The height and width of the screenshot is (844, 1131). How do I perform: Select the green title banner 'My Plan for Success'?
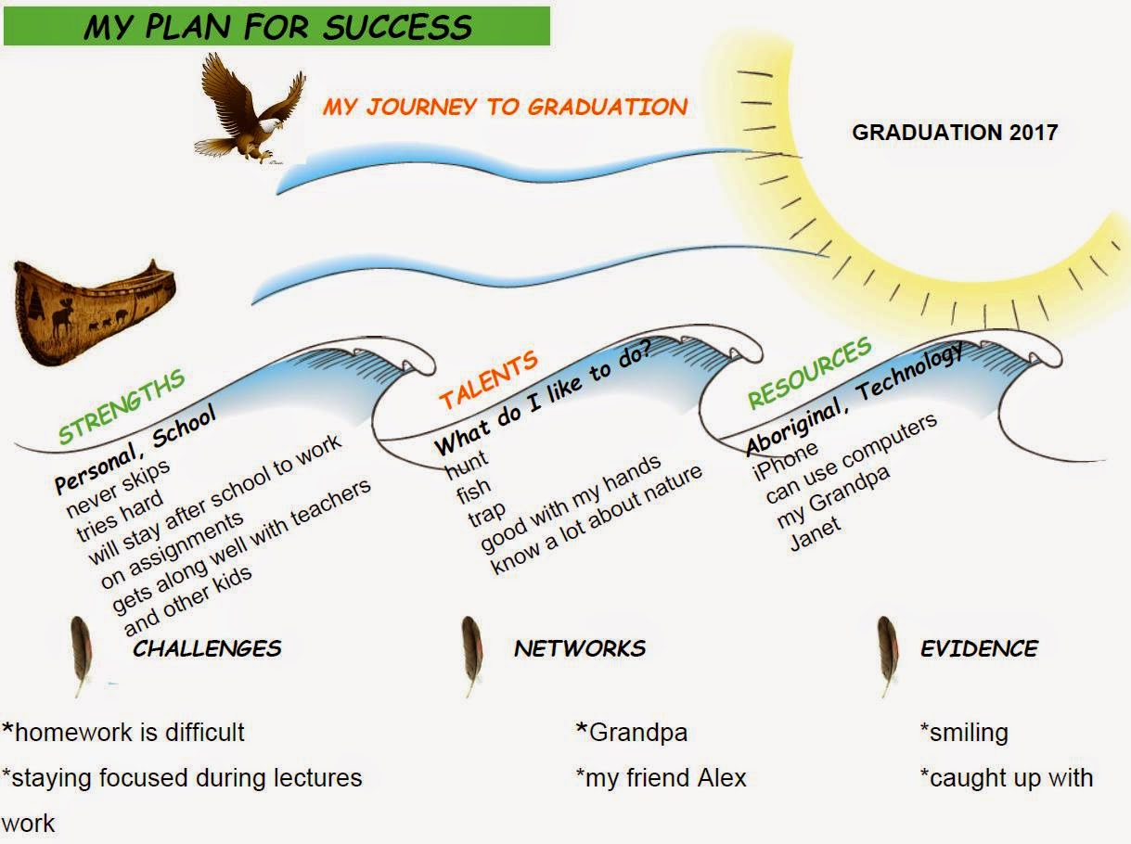click(276, 26)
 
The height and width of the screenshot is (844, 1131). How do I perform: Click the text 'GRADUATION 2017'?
click(955, 132)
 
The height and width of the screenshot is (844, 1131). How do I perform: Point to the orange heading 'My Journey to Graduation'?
click(505, 107)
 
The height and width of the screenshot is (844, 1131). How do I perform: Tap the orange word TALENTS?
click(488, 380)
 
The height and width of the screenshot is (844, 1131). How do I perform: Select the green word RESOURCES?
click(809, 373)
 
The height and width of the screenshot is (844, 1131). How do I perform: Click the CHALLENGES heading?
click(207, 648)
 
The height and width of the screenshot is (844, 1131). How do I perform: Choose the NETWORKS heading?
click(580, 648)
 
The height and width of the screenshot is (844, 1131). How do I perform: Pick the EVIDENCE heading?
click(979, 648)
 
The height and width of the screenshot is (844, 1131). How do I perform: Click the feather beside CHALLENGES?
click(82, 654)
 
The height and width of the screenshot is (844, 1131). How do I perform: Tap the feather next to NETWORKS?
click(472, 654)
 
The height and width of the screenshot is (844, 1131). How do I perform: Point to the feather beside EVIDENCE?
click(888, 654)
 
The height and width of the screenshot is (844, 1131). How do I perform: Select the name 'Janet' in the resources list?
click(815, 533)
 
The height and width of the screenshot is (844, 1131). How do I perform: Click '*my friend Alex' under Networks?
click(661, 777)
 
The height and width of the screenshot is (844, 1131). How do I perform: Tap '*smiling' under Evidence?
click(964, 733)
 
